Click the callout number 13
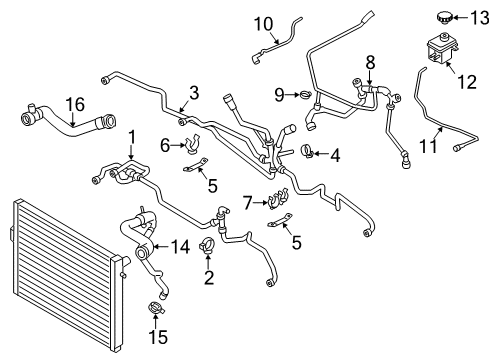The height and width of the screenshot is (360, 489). tap(479, 18)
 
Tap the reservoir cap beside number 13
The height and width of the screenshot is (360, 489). tap(444, 17)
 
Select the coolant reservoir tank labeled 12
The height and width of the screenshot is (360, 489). tap(440, 49)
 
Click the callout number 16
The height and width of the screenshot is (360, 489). tap(75, 104)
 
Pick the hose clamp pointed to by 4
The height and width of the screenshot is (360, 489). tap(308, 151)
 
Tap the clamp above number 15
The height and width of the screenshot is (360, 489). tap(156, 308)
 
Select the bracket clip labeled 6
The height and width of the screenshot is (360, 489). tap(193, 144)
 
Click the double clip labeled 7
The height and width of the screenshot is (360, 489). tap(278, 198)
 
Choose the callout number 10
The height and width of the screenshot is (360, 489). tap(263, 24)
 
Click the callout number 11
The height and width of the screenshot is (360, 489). tap(428, 146)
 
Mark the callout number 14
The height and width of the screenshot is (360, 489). tap(180, 247)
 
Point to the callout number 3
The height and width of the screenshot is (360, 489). tap(194, 93)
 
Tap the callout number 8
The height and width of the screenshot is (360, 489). tap(370, 63)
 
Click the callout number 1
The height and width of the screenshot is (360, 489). tap(132, 138)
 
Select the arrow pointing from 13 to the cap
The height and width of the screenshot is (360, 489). tap(460, 18)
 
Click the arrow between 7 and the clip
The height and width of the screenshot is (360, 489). tap(260, 202)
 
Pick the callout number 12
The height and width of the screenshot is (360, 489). tap(467, 82)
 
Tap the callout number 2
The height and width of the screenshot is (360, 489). tap(209, 277)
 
